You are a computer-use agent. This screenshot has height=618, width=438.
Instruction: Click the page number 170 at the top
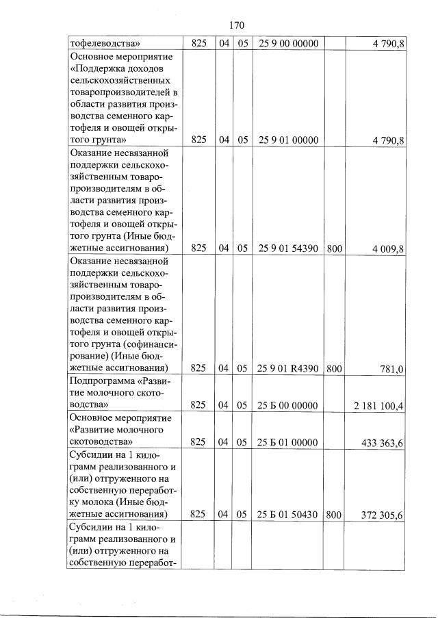(235, 25)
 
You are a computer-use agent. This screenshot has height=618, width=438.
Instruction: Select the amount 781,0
(392, 370)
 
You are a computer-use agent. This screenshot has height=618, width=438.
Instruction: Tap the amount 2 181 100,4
(378, 406)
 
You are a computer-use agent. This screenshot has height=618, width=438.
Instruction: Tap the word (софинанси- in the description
(144, 344)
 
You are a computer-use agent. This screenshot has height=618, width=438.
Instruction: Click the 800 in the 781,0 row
(334, 369)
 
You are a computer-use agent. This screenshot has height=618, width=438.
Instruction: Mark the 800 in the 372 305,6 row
(334, 514)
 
